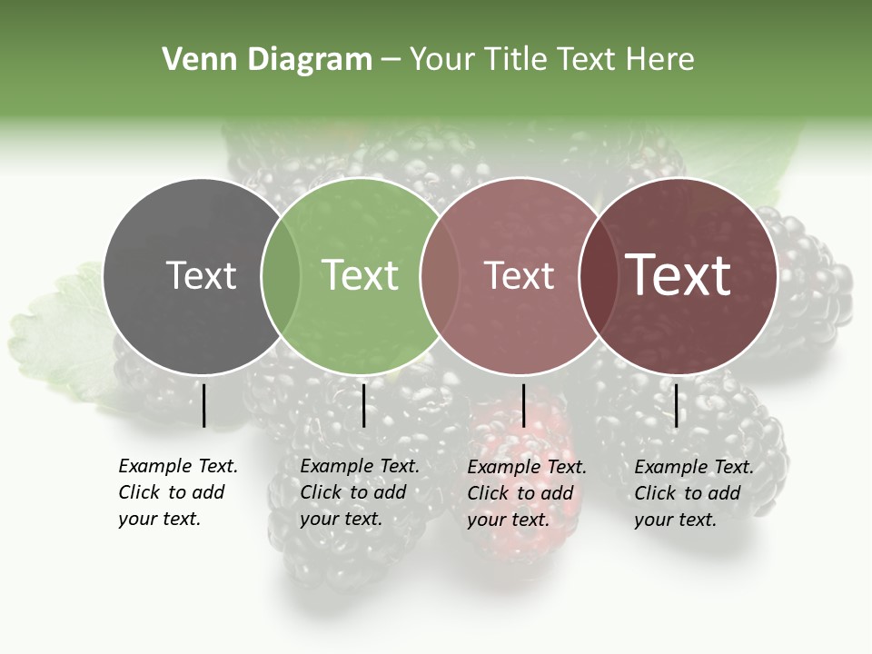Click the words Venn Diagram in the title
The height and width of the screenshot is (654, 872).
point(267,60)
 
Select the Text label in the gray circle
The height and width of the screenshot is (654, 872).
point(201,275)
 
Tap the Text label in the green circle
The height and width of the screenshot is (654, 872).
point(361,275)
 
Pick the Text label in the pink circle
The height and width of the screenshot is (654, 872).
point(520,275)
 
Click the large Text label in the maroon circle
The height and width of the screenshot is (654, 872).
point(679,275)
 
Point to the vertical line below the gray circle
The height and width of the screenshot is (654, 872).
point(204,405)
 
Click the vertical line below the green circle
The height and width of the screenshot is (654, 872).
point(363,405)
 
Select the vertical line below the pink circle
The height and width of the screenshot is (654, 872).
point(523,405)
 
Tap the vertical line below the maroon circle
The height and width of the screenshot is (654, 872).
point(676,405)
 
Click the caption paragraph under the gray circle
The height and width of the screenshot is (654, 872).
point(177,492)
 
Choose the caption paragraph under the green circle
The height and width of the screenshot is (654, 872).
point(359,492)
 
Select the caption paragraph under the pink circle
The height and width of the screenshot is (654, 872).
point(526,493)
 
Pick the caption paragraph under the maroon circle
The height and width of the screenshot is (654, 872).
point(693,493)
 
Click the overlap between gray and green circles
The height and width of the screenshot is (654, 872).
point(281,275)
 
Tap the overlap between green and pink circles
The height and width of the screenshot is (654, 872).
point(440,275)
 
